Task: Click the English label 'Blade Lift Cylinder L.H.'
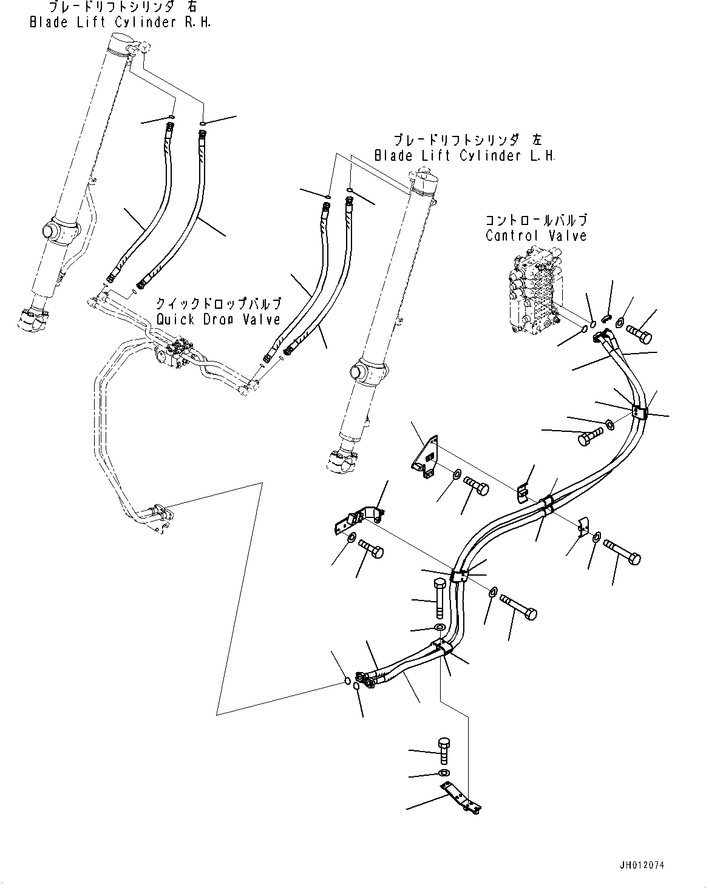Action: click(464, 156)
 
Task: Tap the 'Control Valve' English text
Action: click(536, 236)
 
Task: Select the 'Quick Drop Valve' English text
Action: click(218, 319)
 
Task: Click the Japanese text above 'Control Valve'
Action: click(536, 220)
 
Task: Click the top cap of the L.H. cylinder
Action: click(425, 180)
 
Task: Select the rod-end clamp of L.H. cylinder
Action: click(342, 463)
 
